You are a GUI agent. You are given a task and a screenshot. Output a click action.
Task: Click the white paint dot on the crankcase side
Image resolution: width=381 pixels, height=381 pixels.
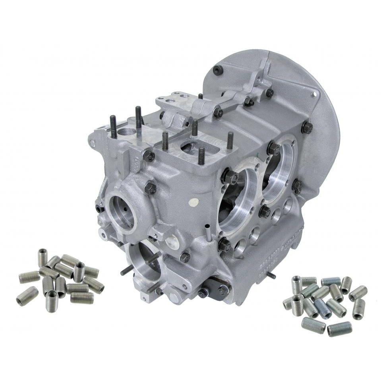pyautogui.click(x=193, y=201)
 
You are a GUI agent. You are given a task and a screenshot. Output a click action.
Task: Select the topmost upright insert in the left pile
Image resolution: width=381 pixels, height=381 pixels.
pyautogui.click(x=43, y=255)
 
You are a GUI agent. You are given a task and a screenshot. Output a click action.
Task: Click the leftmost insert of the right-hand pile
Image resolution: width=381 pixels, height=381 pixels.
pyautogui.click(x=288, y=304)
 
